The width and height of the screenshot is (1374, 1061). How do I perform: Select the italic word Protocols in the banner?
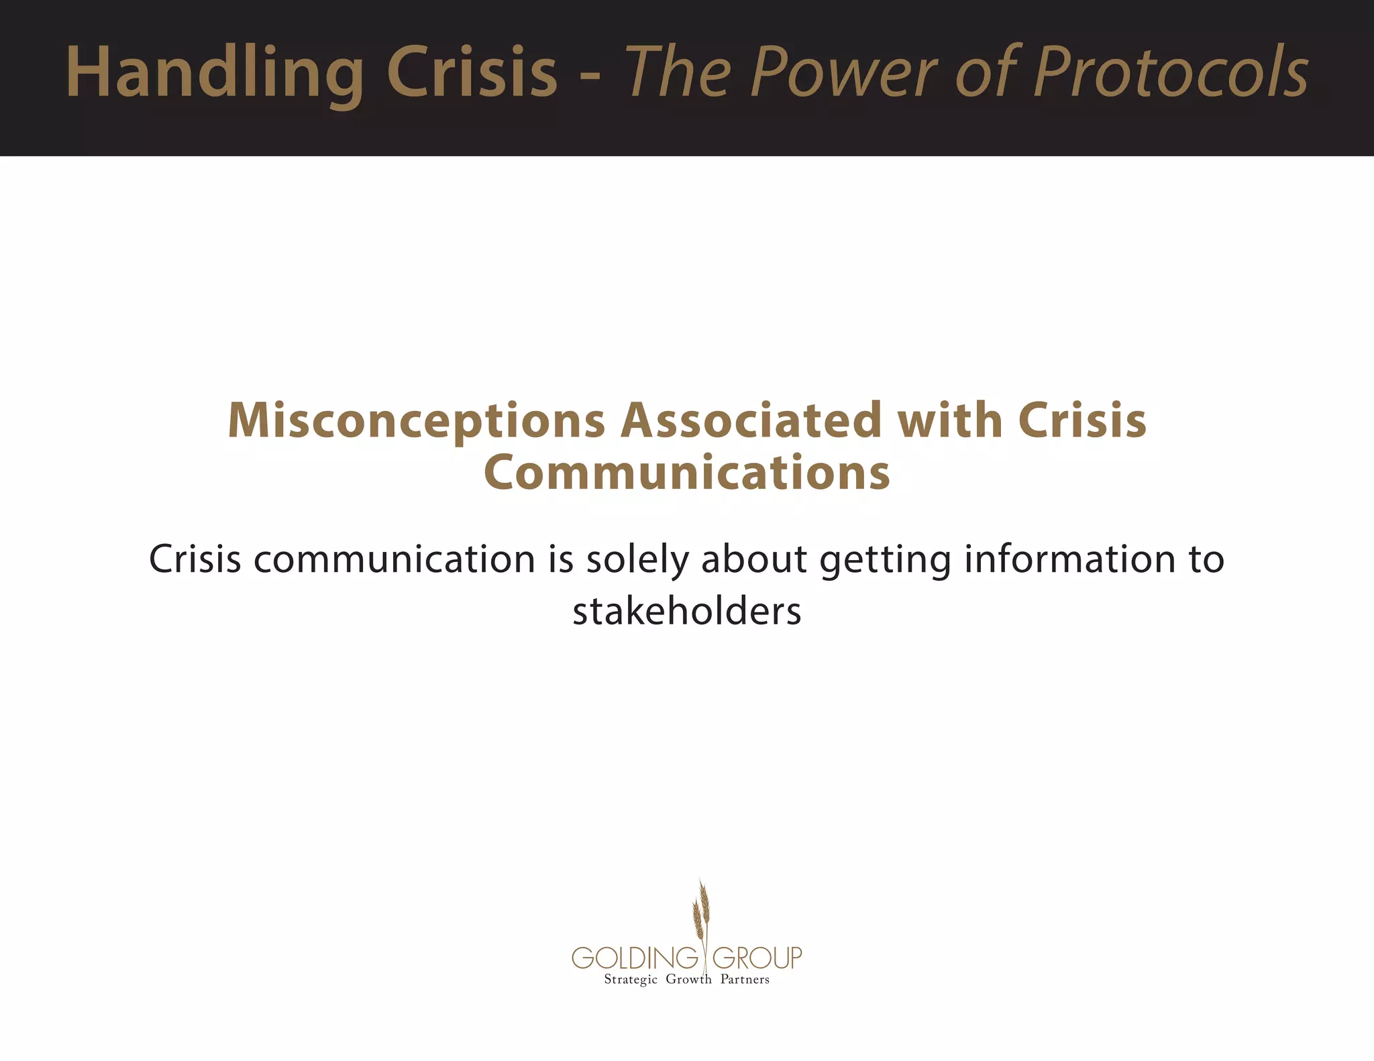click(x=1171, y=72)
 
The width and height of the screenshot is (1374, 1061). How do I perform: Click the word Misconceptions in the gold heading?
click(x=417, y=421)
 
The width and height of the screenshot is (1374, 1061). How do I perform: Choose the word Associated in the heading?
click(x=751, y=421)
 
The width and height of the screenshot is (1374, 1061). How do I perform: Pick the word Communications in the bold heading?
click(x=687, y=473)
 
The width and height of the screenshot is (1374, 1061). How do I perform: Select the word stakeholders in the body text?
click(x=687, y=612)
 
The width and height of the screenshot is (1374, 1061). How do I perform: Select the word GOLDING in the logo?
click(x=635, y=958)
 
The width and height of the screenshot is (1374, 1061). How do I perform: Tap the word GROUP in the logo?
click(x=757, y=958)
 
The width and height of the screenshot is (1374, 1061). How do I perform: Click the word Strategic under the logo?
click(x=631, y=980)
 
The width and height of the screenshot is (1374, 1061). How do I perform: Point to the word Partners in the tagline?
click(x=745, y=980)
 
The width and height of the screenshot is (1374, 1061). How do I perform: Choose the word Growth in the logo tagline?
click(x=688, y=980)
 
